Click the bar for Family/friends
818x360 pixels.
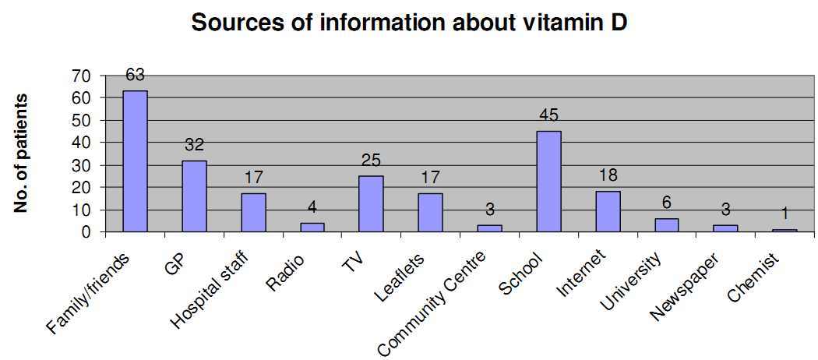coord(135,161)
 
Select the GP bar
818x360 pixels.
coord(194,196)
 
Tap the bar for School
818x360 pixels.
coord(548,182)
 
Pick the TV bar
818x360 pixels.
coord(371,203)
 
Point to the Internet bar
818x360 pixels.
coord(608,211)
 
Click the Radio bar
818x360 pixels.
coord(312,228)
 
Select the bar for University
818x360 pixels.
coord(667,225)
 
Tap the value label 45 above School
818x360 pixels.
coord(548,116)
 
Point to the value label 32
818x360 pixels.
coord(194,146)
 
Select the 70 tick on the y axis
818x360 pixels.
coord(81,76)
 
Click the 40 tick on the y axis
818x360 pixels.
coord(81,143)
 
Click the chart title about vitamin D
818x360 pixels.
coord(409,23)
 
